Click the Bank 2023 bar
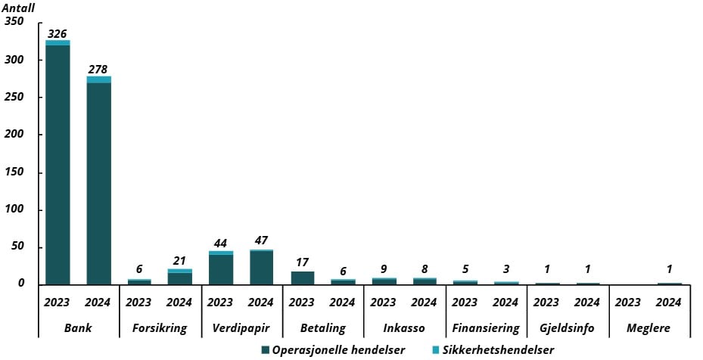click(58, 163)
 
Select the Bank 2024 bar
click(98, 181)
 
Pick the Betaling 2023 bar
click(302, 278)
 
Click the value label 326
click(58, 33)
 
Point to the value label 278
click(98, 70)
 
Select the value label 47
click(261, 241)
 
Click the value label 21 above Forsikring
click(180, 260)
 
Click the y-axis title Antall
click(20, 8)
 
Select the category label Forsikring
click(159, 328)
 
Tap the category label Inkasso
click(404, 328)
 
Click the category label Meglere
click(649, 328)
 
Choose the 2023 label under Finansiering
click(465, 303)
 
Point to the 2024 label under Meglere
click(669, 303)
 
